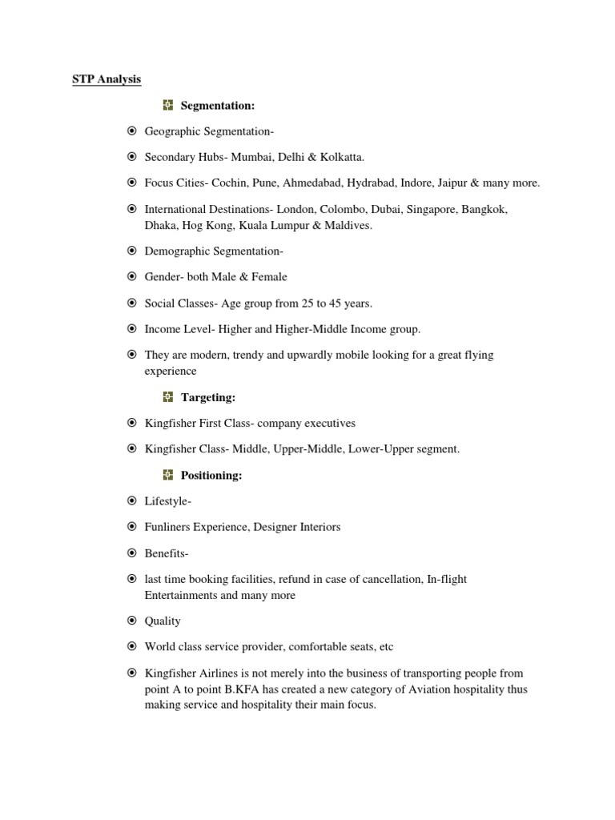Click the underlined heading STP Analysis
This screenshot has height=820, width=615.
tap(102, 79)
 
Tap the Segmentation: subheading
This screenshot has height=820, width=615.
tap(218, 105)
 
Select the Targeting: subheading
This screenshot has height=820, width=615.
tap(207, 397)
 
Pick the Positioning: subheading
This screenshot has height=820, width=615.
tap(211, 476)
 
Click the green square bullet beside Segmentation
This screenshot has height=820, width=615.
tap(168, 105)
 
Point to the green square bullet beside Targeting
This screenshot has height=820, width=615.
tap(168, 397)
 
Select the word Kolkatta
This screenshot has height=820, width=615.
tap(340, 157)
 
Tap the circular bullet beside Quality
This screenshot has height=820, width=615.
tap(131, 621)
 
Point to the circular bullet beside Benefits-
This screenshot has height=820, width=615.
tap(131, 553)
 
